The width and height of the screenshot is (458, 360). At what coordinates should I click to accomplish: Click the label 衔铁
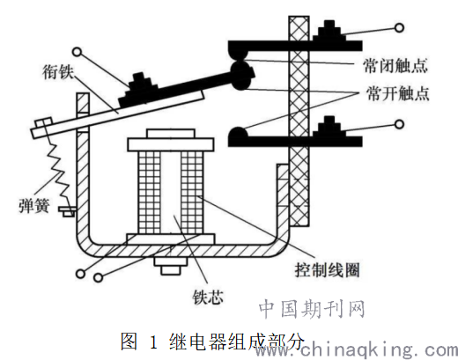click(x=57, y=72)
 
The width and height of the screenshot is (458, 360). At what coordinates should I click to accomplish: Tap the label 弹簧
click(x=33, y=205)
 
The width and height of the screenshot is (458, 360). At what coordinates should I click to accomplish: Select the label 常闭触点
click(x=395, y=66)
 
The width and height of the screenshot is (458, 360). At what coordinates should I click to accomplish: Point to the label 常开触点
click(x=397, y=93)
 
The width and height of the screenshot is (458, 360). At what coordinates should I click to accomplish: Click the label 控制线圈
click(x=327, y=269)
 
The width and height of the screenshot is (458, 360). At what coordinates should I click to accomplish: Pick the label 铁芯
click(x=208, y=298)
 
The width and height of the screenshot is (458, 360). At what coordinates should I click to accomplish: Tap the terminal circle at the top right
click(x=399, y=28)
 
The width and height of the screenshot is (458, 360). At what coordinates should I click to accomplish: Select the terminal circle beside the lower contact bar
click(x=399, y=124)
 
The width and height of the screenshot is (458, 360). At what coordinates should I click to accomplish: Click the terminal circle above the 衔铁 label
click(x=77, y=52)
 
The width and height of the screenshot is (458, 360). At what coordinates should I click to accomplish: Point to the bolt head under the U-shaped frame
click(x=170, y=266)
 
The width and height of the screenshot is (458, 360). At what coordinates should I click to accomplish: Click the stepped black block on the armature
click(x=138, y=90)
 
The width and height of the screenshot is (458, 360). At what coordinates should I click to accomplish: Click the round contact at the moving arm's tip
click(x=241, y=76)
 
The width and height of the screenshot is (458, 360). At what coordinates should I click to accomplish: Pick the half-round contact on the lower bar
click(x=238, y=132)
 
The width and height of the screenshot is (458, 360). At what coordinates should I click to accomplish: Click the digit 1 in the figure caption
click(x=153, y=342)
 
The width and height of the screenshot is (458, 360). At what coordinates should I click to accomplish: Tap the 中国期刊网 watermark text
click(x=312, y=309)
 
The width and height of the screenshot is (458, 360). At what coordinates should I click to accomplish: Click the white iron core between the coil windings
click(x=171, y=193)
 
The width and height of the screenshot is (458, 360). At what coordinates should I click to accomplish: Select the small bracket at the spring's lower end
click(x=67, y=211)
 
